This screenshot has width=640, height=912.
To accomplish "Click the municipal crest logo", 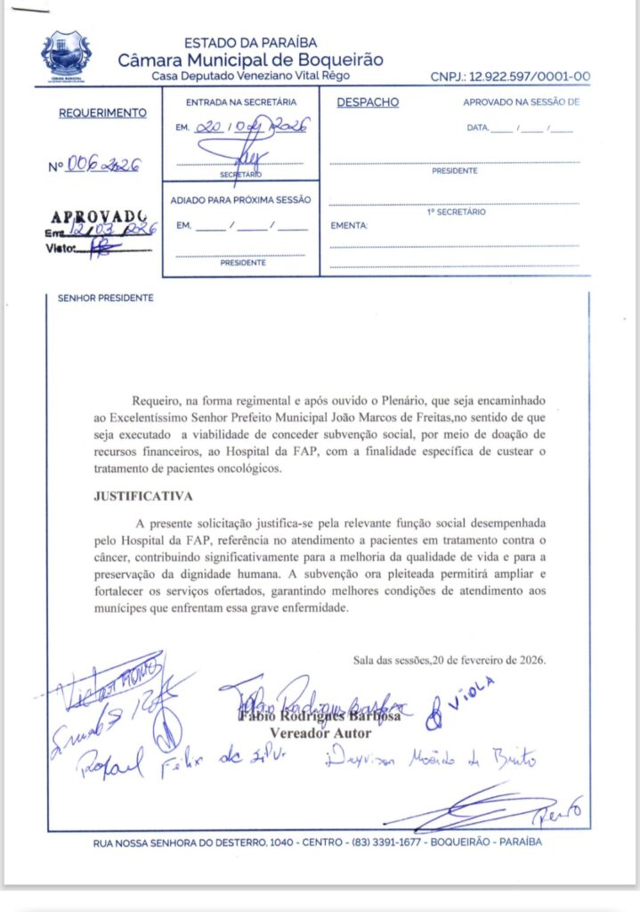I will pos(66,55).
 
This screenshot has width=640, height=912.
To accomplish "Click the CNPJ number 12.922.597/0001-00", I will pos(510,77).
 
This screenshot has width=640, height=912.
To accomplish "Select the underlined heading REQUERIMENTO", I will pos(102,113).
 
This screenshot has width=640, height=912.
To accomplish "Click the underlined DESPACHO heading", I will pos(368,102).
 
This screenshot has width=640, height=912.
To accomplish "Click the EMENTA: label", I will pos(349,226).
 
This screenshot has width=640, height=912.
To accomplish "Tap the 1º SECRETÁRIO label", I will pos(455,212).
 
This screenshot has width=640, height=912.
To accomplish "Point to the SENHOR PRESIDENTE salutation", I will pos(105,298).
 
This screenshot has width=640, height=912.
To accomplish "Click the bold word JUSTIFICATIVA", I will pos(142,495).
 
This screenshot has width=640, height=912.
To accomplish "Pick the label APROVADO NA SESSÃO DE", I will pos(521,102).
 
